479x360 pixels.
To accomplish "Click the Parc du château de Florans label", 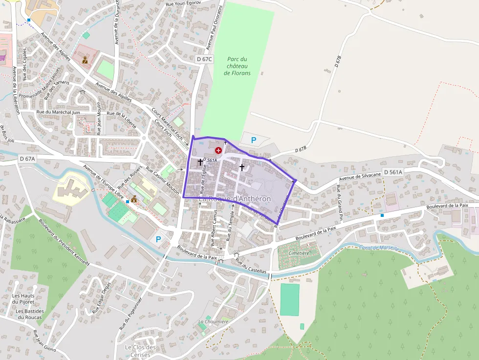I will [237, 66].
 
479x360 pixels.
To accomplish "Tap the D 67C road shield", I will [204, 59].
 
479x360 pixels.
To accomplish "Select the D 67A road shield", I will [28, 159].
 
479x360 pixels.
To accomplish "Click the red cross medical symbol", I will [218, 151].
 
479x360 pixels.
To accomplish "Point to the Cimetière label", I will [299, 254].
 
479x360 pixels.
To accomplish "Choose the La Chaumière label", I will [213, 321].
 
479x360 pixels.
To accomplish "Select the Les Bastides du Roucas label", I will [30, 314].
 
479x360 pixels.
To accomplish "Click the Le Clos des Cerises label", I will [140, 351].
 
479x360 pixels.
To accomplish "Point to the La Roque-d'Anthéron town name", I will [235, 199].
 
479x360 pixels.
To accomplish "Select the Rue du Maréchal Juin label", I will [58, 112].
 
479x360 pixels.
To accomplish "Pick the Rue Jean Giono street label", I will [44, 341].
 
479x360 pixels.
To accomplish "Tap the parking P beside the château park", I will [253, 141].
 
